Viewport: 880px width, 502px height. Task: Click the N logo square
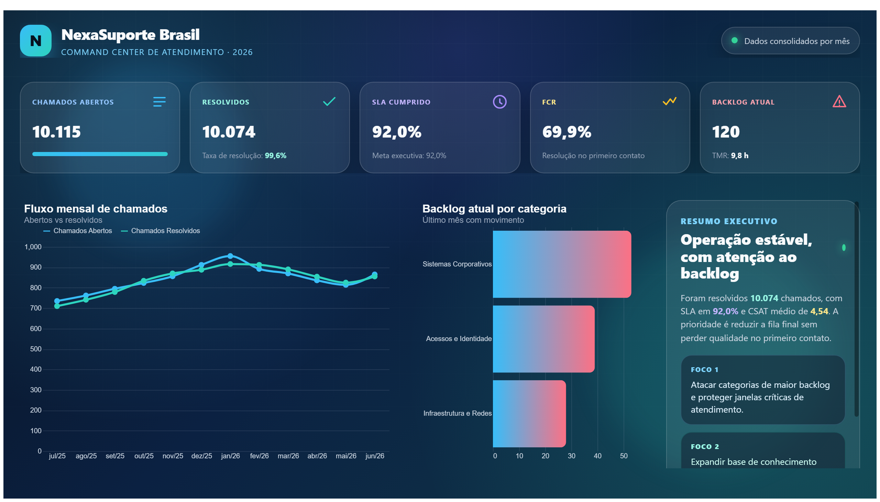(35, 40)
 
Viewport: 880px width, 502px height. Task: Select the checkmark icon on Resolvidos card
(329, 101)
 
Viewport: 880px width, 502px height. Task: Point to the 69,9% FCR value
(566, 132)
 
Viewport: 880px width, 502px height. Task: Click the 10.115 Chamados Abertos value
(56, 132)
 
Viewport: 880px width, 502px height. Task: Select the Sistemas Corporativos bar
(561, 264)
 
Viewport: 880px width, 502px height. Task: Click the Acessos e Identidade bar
(543, 339)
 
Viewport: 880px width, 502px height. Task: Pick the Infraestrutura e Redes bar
(529, 413)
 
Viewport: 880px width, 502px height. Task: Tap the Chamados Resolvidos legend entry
(160, 231)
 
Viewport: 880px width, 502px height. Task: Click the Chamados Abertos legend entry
(78, 231)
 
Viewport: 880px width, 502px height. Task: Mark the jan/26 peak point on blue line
(230, 256)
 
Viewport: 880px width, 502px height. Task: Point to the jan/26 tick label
(230, 456)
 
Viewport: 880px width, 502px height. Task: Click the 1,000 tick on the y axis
(33, 247)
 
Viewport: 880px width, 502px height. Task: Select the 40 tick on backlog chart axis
(597, 456)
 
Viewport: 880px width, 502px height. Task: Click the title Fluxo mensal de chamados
(96, 209)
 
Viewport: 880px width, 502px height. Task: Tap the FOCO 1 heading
(704, 370)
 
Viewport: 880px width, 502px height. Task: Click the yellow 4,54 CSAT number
(819, 311)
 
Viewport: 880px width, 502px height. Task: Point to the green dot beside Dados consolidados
(734, 40)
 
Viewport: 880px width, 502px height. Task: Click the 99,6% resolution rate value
(275, 155)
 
